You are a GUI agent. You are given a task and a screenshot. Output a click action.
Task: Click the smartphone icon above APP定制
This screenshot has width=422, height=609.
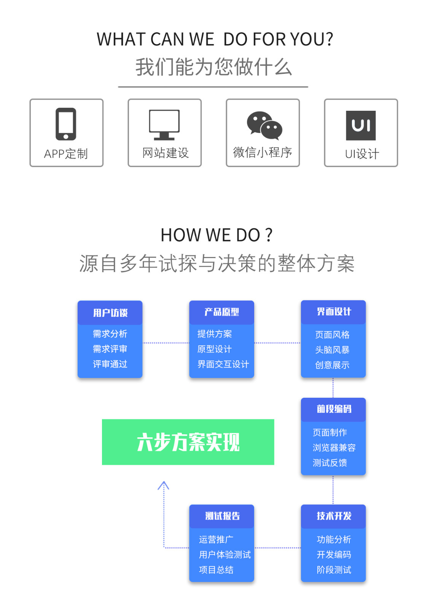click(x=66, y=124)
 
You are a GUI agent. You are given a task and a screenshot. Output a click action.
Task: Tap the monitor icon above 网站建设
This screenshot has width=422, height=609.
click(x=164, y=124)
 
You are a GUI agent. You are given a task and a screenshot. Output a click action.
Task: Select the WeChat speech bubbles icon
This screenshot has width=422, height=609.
click(x=264, y=125)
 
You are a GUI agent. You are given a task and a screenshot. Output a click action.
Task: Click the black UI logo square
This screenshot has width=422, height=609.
click(x=360, y=125)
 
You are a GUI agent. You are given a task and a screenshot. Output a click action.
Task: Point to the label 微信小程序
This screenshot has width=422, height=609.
click(x=263, y=152)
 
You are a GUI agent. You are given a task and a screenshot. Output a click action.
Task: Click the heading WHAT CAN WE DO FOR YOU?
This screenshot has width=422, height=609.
click(x=215, y=39)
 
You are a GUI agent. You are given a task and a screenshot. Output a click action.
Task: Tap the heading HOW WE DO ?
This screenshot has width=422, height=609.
click(x=216, y=235)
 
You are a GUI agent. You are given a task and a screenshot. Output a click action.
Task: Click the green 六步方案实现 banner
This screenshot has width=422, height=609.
click(x=188, y=442)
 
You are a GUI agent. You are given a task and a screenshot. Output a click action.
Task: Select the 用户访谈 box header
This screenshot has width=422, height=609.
click(x=110, y=313)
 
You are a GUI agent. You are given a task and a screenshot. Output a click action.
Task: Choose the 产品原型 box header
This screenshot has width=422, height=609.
click(x=221, y=312)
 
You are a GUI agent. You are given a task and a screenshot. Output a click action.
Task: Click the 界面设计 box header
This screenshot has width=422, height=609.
click(x=333, y=312)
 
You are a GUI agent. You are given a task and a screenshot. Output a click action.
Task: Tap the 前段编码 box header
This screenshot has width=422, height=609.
click(x=333, y=409)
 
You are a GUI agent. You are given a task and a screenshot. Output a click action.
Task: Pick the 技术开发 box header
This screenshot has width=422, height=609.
click(x=333, y=516)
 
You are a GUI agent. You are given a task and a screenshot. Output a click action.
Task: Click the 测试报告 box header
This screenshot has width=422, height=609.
click(x=222, y=516)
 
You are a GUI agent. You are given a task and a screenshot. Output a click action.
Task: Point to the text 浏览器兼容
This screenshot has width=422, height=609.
click(x=334, y=448)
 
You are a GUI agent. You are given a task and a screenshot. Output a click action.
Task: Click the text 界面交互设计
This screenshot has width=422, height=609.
click(x=223, y=364)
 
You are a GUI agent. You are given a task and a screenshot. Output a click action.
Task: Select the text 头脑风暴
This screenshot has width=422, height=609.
click(x=332, y=350)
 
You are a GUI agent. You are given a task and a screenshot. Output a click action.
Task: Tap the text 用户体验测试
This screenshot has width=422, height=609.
click(x=225, y=555)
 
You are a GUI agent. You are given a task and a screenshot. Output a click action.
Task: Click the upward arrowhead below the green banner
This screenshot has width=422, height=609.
click(x=163, y=485)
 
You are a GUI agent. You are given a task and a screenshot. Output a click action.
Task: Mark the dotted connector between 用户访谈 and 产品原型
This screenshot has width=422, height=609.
click(x=166, y=343)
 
